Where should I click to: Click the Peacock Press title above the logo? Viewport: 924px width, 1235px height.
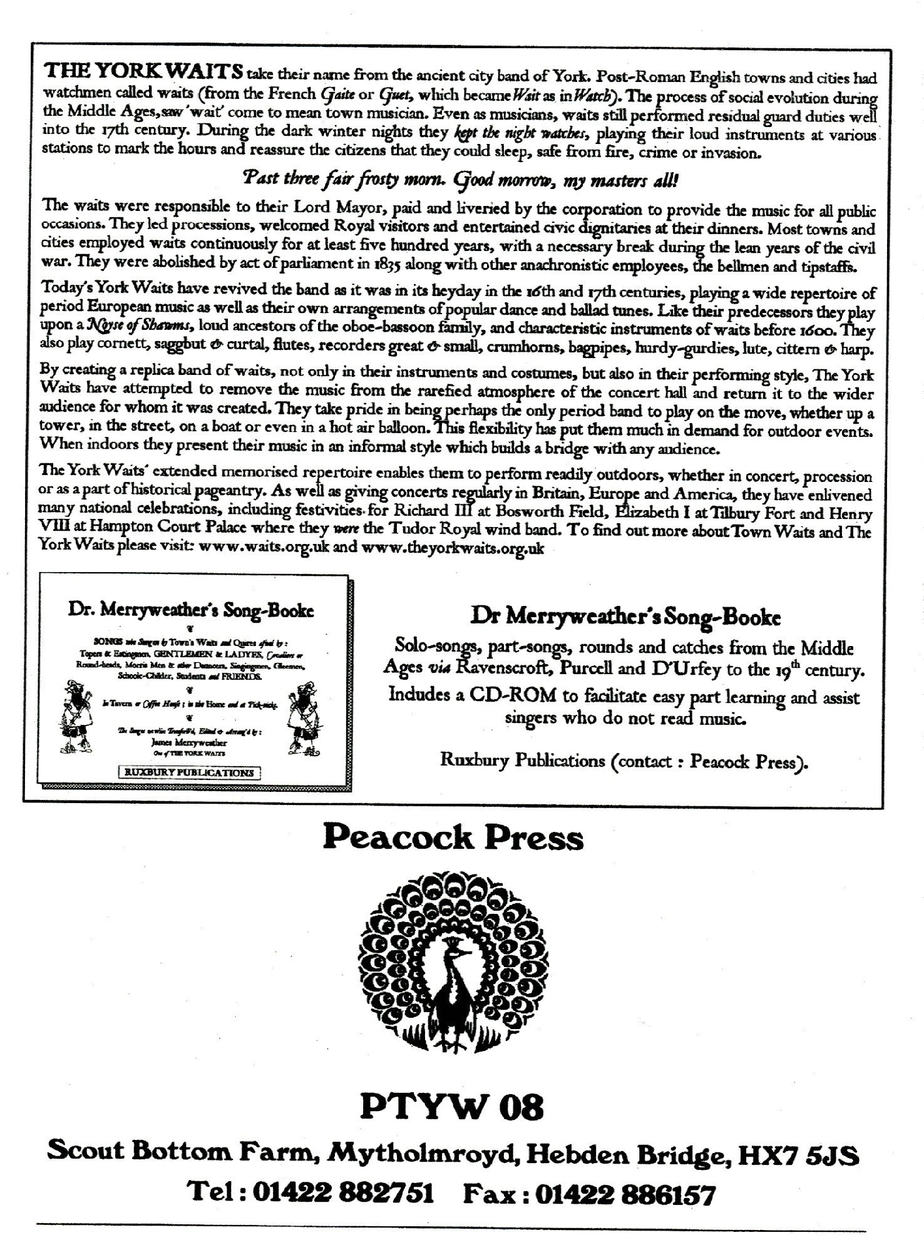[453, 838]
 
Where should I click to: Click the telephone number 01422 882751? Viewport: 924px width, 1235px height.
[342, 1194]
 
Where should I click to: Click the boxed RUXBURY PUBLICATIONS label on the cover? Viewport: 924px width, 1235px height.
[190, 772]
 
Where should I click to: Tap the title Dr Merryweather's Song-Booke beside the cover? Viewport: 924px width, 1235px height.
[625, 618]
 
